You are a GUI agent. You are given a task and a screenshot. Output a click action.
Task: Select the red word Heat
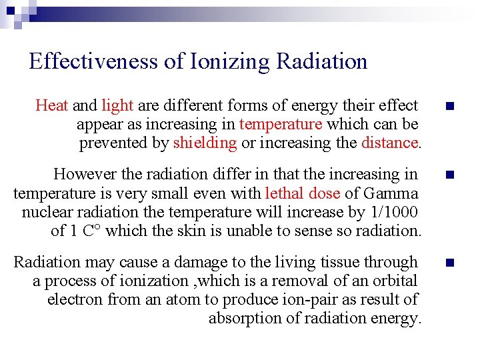click(x=52, y=105)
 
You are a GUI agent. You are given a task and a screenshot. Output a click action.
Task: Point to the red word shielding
click(x=205, y=143)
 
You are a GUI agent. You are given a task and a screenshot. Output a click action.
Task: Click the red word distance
click(x=389, y=143)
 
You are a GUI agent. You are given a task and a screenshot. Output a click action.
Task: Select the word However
click(x=82, y=175)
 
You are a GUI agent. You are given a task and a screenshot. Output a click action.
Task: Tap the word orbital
click(x=393, y=281)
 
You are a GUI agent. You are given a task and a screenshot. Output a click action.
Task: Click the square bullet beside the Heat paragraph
click(x=450, y=107)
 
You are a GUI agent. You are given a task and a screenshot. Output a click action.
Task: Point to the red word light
click(x=118, y=105)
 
